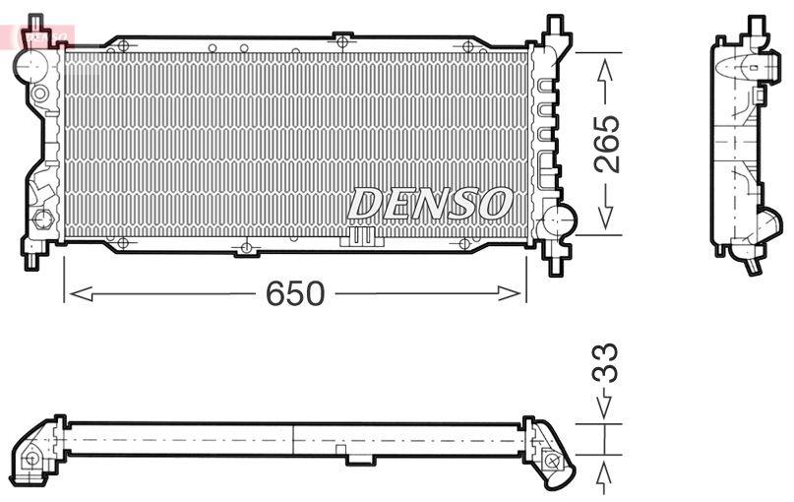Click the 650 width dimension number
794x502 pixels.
[x=296, y=293]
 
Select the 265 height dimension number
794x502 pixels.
[x=607, y=145]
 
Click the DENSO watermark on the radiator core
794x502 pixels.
[x=430, y=204]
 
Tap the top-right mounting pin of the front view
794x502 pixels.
[x=557, y=26]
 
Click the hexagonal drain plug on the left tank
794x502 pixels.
[x=41, y=219]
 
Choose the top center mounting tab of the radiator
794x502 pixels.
[x=342, y=39]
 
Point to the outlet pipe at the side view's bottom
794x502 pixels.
[x=753, y=264]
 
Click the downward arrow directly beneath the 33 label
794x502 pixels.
[x=605, y=405]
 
